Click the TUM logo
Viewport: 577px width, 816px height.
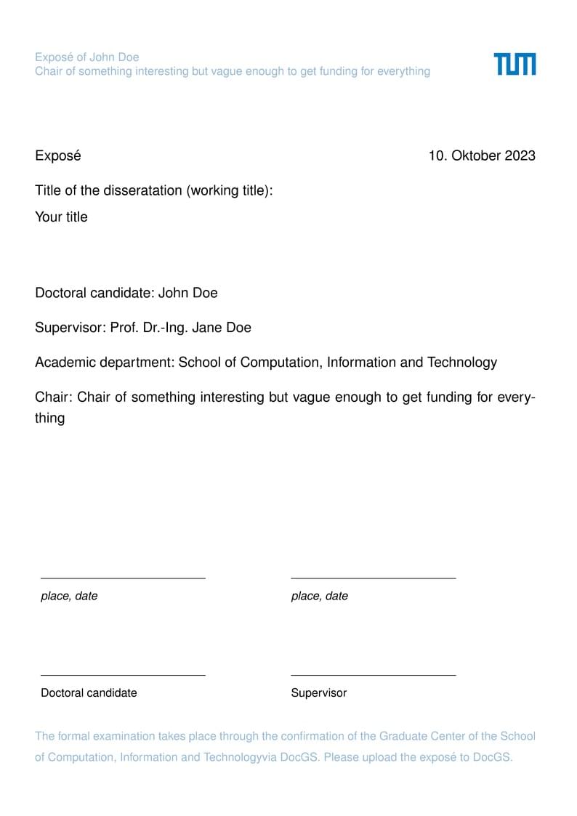tap(515, 64)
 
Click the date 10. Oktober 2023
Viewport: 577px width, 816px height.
tap(482, 155)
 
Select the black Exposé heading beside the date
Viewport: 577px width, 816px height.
tap(58, 155)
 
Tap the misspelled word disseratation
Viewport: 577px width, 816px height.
tap(143, 190)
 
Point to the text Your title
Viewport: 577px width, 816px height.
tap(61, 217)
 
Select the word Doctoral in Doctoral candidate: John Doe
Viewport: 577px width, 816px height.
tap(61, 293)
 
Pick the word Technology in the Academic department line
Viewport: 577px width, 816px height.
tap(462, 362)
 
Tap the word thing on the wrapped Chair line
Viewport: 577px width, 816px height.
tap(49, 418)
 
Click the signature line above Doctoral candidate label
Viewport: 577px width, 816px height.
tap(123, 675)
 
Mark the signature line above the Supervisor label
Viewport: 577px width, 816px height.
tap(373, 675)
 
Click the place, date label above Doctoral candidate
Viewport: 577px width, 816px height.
tap(69, 596)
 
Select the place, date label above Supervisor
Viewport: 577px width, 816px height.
tap(320, 596)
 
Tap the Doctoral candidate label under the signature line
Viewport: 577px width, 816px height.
tap(89, 692)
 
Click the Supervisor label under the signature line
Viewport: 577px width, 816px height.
tap(319, 692)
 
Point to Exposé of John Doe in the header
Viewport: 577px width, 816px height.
tap(86, 57)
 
